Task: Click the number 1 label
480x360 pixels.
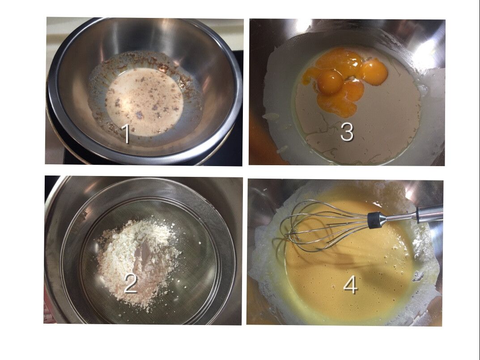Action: point(126,134)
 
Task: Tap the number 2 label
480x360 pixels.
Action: point(131,283)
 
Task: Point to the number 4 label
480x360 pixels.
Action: point(351,286)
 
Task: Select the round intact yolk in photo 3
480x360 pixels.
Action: point(330,81)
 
